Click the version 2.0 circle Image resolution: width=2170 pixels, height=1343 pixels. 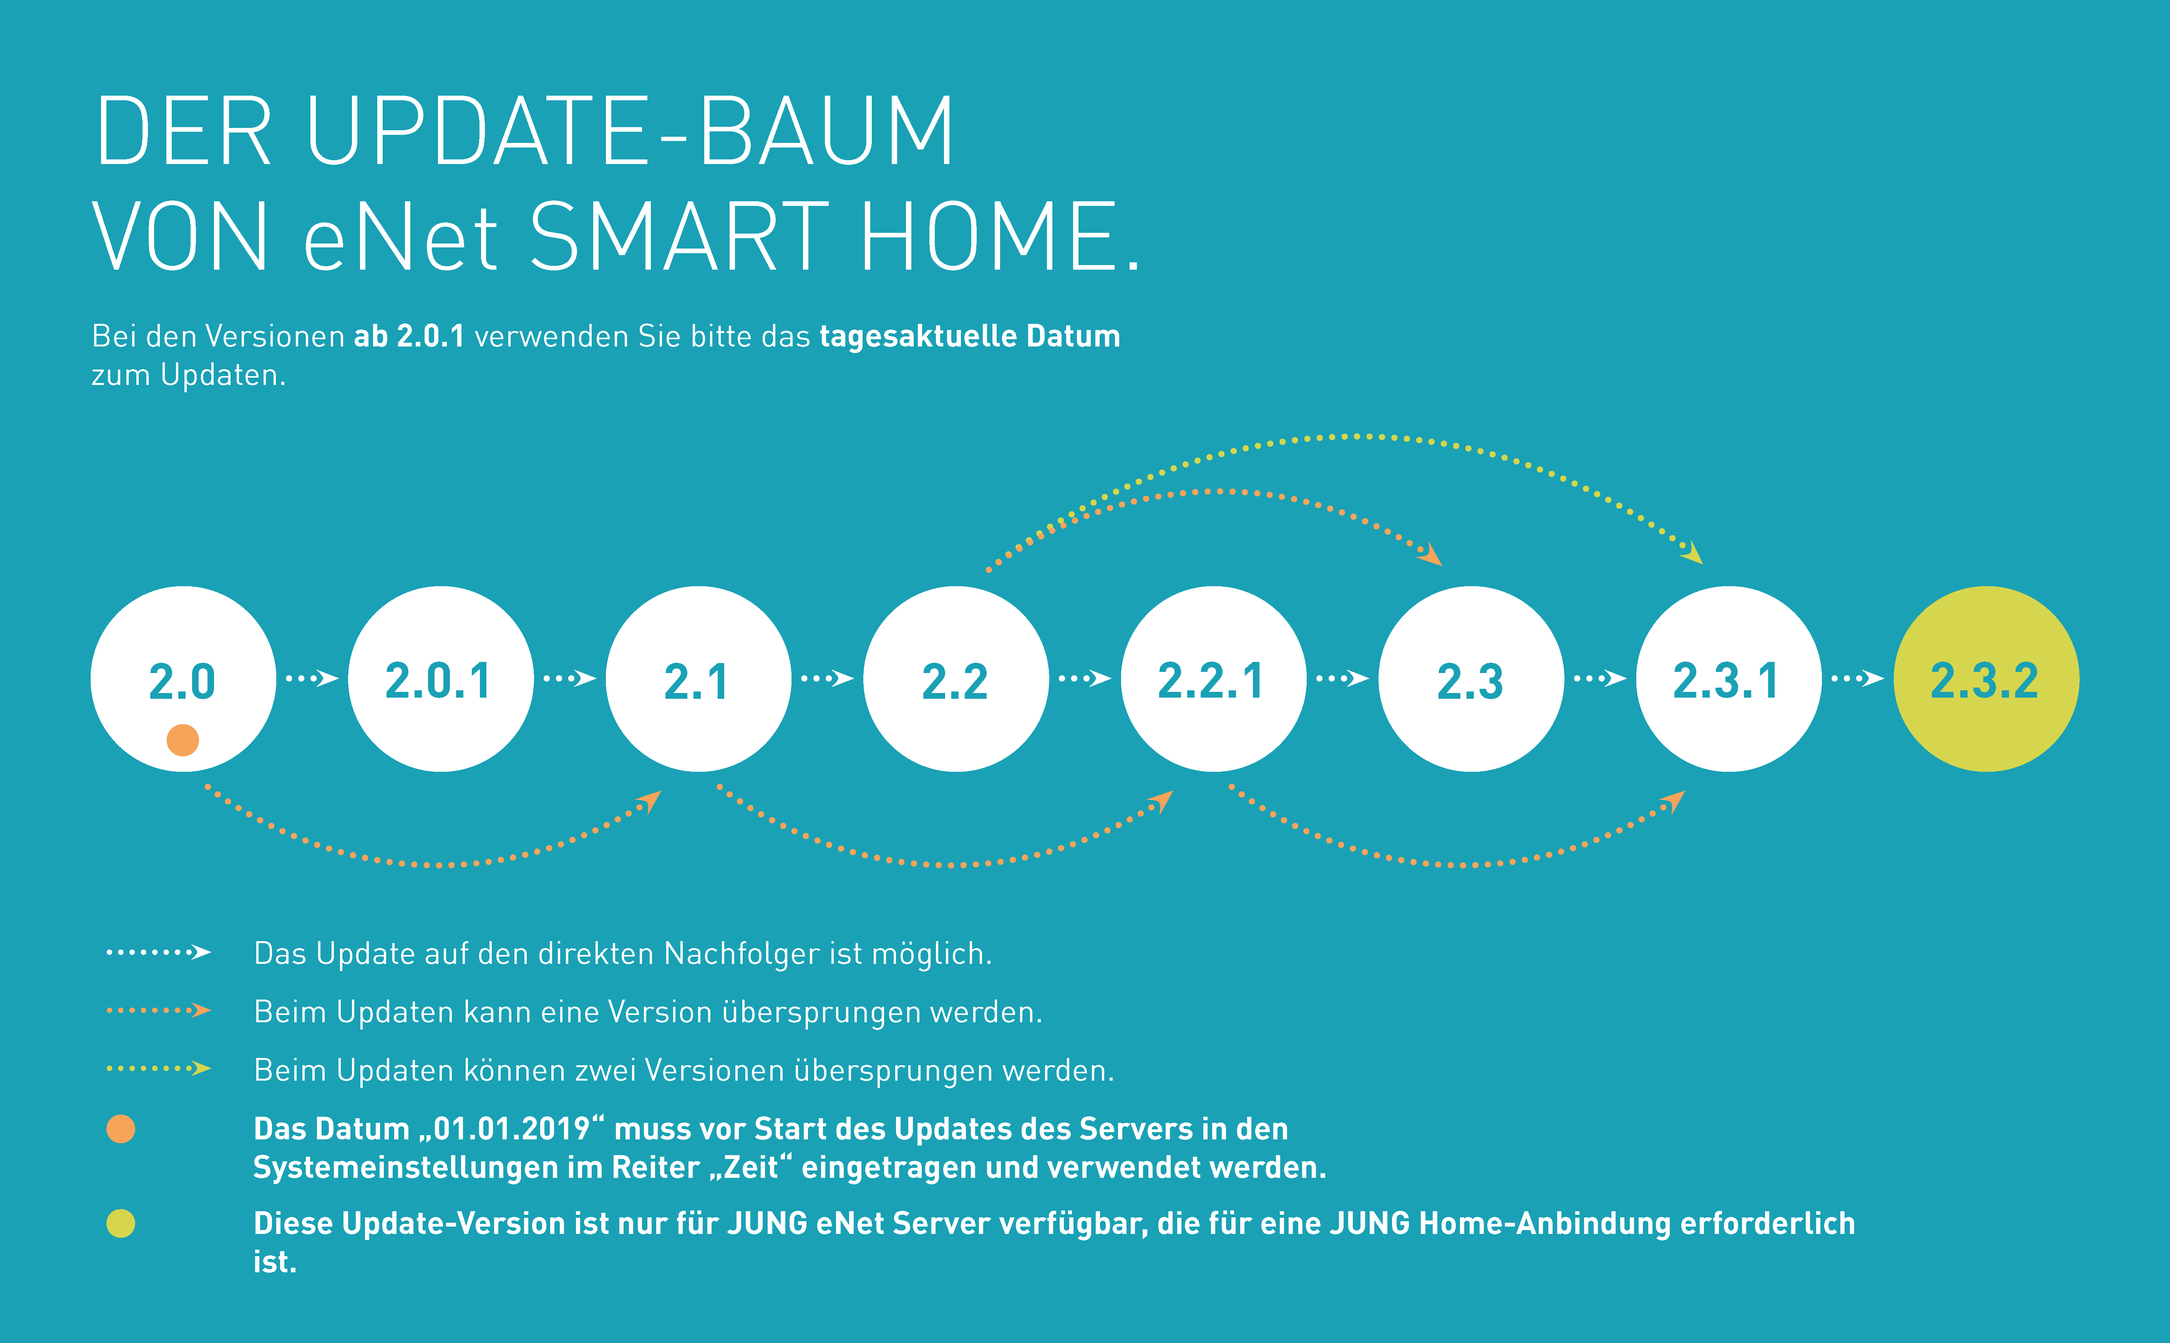coord(183,678)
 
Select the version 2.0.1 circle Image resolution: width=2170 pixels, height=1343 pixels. coord(441,678)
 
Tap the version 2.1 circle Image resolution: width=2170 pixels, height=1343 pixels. coord(698,678)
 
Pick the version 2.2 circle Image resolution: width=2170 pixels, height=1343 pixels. coord(956,678)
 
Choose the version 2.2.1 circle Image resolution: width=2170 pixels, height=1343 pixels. coord(1213,678)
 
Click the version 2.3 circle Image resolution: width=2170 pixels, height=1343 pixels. coord(1471,678)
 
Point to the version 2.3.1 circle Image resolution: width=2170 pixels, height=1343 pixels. coord(1729,678)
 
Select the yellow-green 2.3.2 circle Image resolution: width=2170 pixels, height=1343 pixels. coord(1986,678)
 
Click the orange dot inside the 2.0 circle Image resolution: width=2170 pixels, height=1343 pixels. coord(183,740)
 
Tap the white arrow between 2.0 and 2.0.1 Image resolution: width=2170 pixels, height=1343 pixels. coord(312,678)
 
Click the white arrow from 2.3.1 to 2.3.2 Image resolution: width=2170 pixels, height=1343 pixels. coord(1857,678)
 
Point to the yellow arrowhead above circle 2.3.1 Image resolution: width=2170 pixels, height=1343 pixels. coord(1693,553)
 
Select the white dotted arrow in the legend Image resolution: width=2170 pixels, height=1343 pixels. coord(158,952)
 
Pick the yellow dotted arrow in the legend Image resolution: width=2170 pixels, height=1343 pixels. coord(158,1069)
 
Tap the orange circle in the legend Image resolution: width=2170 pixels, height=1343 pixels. coord(121,1129)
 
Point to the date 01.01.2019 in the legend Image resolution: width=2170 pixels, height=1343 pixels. coord(512,1129)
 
